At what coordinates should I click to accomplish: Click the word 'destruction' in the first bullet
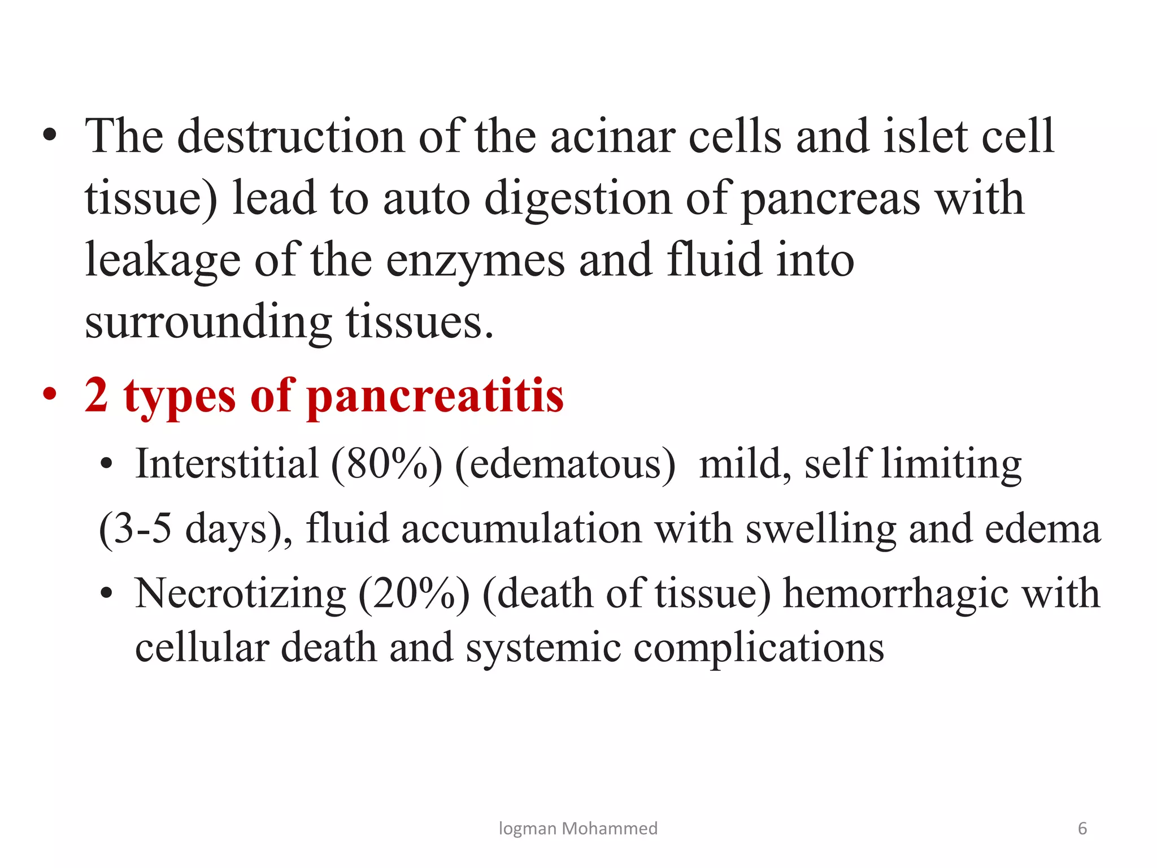(x=290, y=137)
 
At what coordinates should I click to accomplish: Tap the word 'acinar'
(x=612, y=137)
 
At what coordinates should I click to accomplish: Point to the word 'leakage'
(x=163, y=261)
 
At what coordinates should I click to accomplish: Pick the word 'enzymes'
(x=475, y=261)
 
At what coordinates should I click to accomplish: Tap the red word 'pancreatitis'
(x=436, y=396)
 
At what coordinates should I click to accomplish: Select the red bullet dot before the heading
(x=50, y=394)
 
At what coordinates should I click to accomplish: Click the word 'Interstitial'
(x=227, y=463)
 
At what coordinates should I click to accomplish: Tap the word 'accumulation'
(x=521, y=529)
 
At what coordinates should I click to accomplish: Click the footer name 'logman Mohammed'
(x=578, y=828)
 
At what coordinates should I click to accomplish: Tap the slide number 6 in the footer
(x=1082, y=828)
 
